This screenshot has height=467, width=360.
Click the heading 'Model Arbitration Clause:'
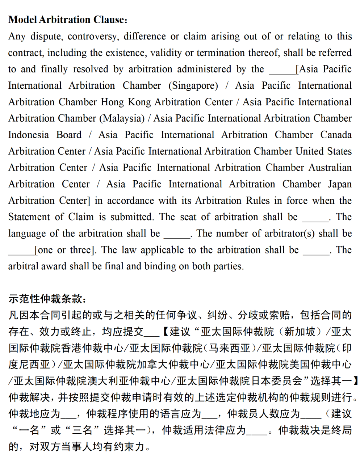point(68,20)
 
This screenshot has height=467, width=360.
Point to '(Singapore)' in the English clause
point(193,86)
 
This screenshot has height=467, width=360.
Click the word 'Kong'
point(139,102)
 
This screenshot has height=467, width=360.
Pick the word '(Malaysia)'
point(122,118)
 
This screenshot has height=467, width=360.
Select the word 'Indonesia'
point(28,135)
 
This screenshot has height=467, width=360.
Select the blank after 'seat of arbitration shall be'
point(315,220)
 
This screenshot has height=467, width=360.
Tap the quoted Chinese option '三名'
point(83,430)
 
